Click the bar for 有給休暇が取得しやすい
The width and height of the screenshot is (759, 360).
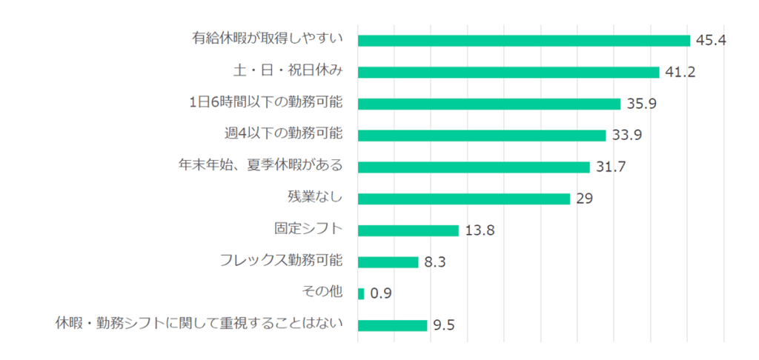click(x=523, y=40)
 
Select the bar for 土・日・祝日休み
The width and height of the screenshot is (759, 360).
click(x=508, y=72)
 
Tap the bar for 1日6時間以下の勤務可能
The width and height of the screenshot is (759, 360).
click(x=489, y=104)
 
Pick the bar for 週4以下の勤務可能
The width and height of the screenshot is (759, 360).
click(x=482, y=136)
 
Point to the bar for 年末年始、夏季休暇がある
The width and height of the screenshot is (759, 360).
click(x=474, y=167)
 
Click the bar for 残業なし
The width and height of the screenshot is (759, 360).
click(x=464, y=199)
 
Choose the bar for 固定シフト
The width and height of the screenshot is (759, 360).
click(x=408, y=230)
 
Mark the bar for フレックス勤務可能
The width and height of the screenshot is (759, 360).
click(x=388, y=261)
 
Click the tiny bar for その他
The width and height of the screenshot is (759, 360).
click(x=361, y=293)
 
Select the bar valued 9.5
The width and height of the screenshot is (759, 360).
click(x=393, y=325)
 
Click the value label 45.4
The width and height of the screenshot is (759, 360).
click(x=710, y=40)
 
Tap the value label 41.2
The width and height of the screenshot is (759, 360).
click(x=680, y=72)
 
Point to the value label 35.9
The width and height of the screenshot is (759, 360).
click(x=641, y=104)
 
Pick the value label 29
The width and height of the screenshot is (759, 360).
click(x=583, y=199)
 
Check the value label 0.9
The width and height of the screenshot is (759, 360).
click(x=380, y=293)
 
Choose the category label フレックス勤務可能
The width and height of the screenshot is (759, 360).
click(x=281, y=261)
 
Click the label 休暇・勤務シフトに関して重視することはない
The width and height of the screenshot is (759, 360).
click(x=199, y=324)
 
